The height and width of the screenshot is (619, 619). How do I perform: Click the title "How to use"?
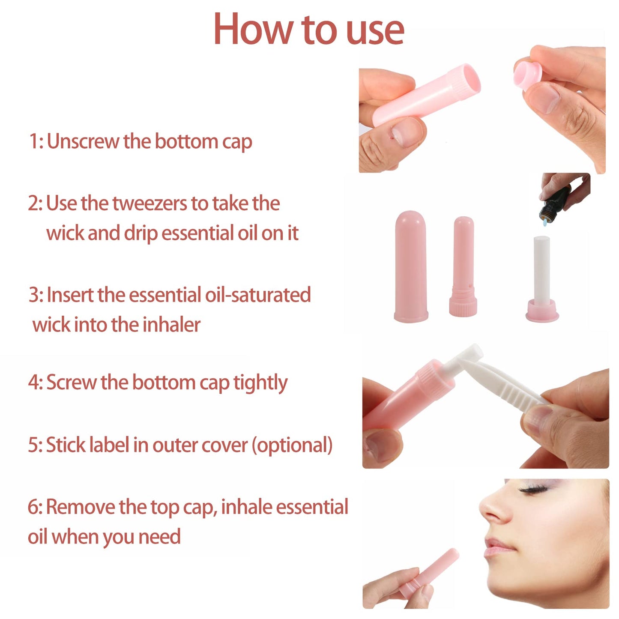308,29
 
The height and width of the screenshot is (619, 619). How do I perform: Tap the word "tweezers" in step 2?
150,203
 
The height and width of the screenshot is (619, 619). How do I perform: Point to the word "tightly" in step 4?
260,383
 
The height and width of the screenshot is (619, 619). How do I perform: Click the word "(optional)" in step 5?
292,445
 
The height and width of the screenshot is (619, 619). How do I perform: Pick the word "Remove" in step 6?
80,507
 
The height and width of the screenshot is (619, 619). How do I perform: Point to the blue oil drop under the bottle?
544,222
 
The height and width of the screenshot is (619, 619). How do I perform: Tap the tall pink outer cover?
411,266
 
